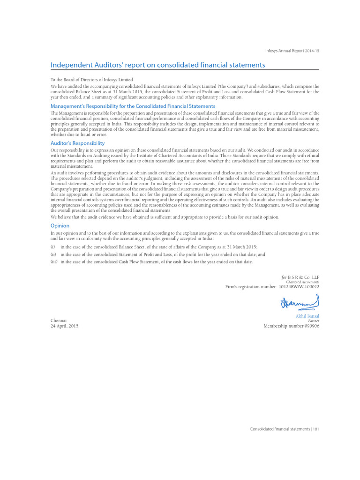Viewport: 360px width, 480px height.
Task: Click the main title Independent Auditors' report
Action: point(157,65)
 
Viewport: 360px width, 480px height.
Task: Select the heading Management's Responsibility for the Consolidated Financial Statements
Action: point(133,106)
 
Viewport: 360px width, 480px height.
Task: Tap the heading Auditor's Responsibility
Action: point(77,143)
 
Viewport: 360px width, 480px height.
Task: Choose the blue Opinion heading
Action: point(60,225)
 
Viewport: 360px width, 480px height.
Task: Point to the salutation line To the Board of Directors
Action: point(91,80)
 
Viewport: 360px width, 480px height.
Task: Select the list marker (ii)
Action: point(53,254)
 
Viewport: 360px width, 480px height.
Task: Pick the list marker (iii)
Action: point(54,262)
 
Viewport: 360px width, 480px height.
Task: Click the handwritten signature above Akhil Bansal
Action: point(300,303)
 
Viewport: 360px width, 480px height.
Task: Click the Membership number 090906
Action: point(291,326)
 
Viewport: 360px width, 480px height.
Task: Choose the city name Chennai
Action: point(59,321)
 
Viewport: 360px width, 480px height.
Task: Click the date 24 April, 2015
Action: point(65,326)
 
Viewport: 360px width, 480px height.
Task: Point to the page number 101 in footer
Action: point(316,428)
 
